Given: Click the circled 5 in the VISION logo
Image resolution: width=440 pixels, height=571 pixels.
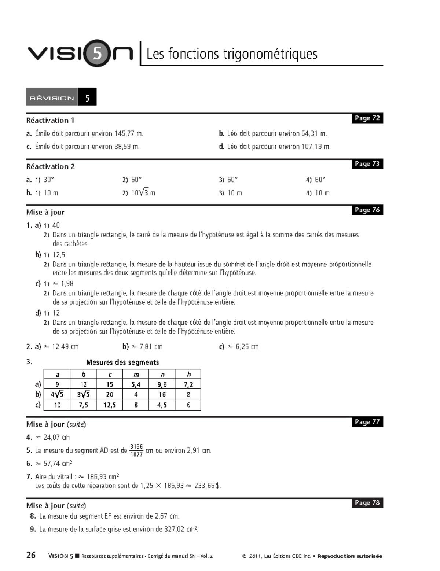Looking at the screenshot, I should click(98, 54).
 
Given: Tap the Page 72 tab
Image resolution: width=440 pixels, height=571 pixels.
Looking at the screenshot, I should click(367, 118).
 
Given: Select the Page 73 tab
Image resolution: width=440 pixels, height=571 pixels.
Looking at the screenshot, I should click(367, 164).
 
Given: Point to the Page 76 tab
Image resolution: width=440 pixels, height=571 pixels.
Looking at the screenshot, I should click(367, 210).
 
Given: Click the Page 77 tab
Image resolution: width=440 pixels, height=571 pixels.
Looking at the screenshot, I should click(367, 422).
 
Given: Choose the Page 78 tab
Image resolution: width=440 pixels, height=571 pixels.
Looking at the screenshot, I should click(367, 503).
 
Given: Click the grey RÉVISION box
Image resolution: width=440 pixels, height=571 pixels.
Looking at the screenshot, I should click(52, 97).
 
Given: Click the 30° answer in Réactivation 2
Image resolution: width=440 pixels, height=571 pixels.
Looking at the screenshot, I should click(49, 180).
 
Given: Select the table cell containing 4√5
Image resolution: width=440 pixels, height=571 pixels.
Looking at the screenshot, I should click(57, 395).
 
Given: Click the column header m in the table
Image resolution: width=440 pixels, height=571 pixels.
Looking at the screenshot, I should click(136, 375).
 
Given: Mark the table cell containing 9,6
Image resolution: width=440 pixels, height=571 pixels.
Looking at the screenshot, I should click(162, 384).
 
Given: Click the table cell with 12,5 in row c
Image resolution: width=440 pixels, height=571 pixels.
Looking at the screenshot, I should click(110, 405).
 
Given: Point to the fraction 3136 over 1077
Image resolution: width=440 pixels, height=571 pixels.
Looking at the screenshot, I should click(136, 450).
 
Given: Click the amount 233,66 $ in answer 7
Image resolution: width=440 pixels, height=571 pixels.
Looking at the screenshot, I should click(207, 486).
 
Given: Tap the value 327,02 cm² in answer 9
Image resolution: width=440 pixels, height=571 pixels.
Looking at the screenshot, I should click(181, 529).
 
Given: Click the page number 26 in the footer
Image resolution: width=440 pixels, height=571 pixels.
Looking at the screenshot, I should click(31, 555).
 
